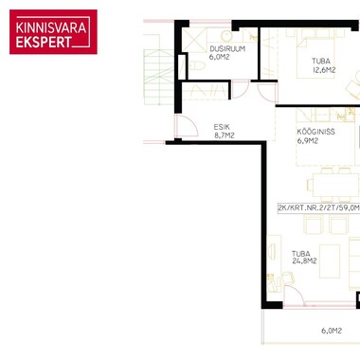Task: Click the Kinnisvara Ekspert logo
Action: point(53,32)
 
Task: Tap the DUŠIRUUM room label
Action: point(227,49)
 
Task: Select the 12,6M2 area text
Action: point(324,70)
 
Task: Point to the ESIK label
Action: point(222,127)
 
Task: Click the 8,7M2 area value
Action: point(225,135)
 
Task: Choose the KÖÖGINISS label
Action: point(315,132)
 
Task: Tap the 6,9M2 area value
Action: point(308,141)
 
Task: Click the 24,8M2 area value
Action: point(305,261)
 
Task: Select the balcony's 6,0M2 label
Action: point(332,331)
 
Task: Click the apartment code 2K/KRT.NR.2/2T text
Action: point(319,207)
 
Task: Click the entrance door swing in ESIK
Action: point(187,126)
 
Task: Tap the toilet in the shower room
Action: point(197,65)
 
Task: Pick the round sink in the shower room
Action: point(226,36)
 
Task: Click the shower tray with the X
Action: point(194,40)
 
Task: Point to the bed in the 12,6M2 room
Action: point(315,54)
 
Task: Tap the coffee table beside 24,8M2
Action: point(330,261)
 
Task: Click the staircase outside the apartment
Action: point(159,77)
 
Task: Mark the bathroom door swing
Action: point(241,90)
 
